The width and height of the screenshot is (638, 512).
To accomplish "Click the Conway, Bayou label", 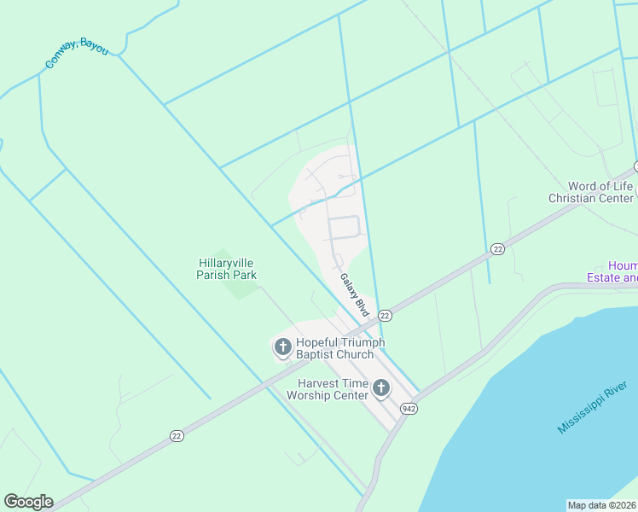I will point(77,53).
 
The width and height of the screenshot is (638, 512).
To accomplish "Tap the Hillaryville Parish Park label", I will point(227,270).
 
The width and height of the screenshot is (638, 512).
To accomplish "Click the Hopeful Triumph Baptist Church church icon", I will point(282,347).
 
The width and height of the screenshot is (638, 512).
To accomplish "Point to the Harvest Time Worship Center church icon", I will point(380,389).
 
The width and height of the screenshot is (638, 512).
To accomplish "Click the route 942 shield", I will point(409,409).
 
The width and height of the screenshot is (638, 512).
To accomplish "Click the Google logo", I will point(28,502).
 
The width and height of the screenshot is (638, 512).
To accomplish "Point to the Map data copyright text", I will point(602,504).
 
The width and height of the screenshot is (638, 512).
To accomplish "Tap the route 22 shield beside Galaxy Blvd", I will point(385,315).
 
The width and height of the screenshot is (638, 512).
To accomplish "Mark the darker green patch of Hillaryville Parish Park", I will point(244,285).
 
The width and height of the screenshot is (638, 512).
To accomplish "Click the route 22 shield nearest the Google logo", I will point(177,435).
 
